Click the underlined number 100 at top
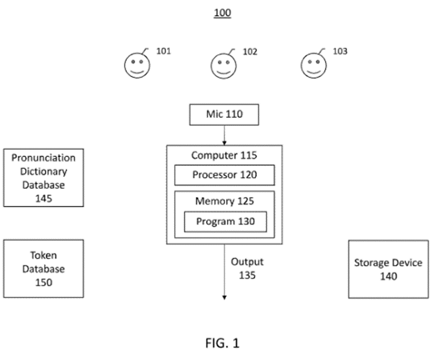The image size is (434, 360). point(222,13)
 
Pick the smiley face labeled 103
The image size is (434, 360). point(313,66)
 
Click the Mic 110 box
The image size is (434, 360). point(224,114)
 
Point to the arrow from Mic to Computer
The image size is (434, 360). point(224,135)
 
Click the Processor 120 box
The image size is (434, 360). point(224,175)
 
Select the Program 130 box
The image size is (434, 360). point(225,222)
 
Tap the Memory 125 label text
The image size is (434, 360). point(224,201)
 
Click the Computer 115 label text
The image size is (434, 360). point(224,155)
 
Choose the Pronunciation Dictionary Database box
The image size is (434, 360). point(43,177)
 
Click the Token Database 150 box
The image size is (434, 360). point(43,269)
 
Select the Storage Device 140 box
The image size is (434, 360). point(388,269)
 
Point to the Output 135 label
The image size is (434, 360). point(247,269)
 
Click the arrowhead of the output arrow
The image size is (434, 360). point(224,297)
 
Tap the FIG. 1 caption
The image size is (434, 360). point(222,343)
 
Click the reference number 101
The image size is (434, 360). point(163,51)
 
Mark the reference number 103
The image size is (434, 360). point(340,51)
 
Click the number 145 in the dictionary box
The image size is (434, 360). point(43,198)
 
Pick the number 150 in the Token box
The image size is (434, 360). point(43,282)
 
